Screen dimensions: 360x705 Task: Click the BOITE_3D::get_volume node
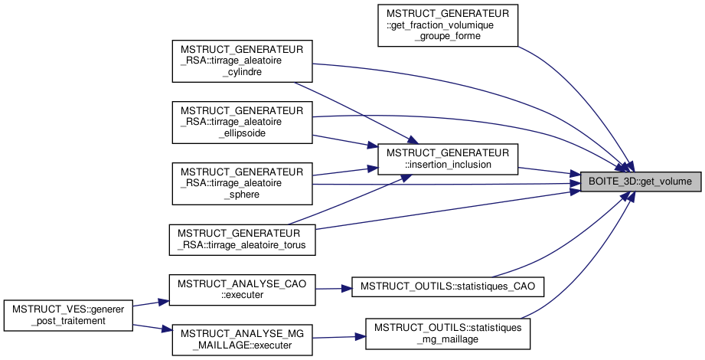pos(639,182)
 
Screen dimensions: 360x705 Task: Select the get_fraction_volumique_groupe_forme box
pos(448,25)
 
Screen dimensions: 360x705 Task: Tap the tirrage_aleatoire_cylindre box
pos(242,61)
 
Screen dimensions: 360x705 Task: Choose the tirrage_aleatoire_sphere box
pos(242,183)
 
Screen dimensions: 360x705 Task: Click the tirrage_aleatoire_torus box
pos(242,239)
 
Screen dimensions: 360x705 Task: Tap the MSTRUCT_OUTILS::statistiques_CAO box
pos(448,286)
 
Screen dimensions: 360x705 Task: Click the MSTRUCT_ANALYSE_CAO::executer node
pos(242,289)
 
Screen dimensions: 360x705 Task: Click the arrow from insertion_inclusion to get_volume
pos(547,172)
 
